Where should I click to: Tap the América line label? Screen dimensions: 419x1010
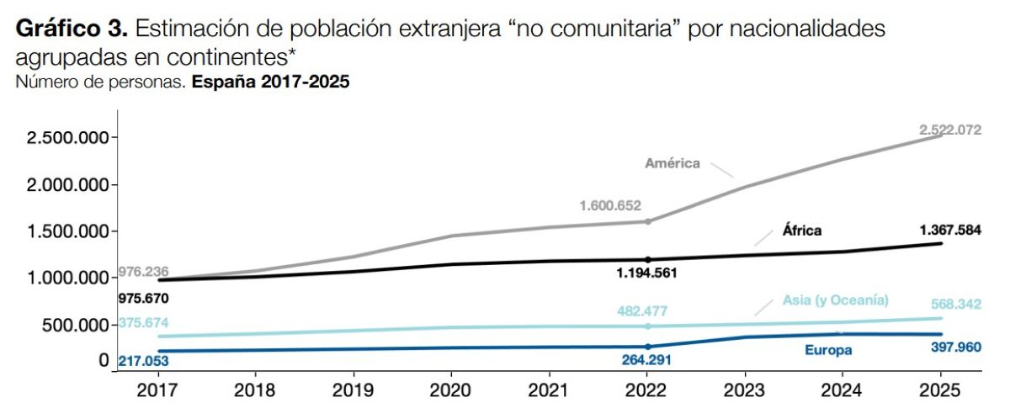[672, 163]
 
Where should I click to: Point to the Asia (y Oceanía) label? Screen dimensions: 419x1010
[835, 300]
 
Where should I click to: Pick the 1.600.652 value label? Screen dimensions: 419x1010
[610, 205]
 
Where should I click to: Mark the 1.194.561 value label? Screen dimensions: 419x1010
[646, 273]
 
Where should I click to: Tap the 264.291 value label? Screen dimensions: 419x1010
[646, 360]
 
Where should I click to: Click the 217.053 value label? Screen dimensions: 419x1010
[143, 360]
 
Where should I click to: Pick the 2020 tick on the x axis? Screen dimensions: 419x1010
[450, 391]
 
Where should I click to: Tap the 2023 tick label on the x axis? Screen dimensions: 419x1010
[744, 391]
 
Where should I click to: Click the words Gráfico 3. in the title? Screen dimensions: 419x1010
[71, 30]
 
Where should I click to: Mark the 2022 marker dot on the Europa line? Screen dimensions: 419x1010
[647, 347]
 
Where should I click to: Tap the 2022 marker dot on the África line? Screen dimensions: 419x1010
[647, 259]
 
